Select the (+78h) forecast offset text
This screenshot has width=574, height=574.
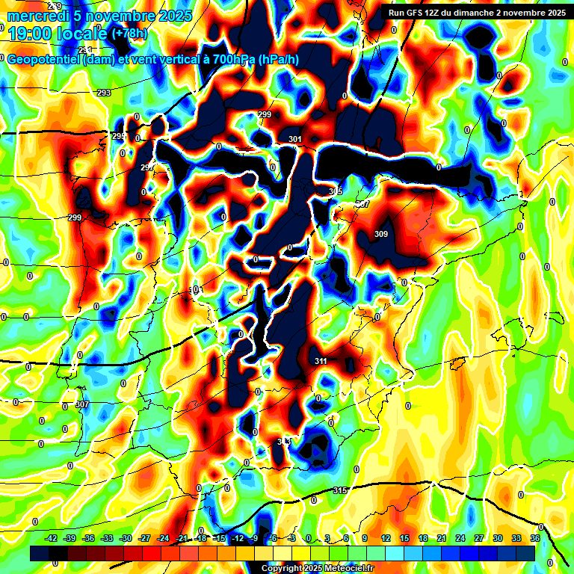129,33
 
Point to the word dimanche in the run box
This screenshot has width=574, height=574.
492,12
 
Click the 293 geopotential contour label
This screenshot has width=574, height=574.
104,93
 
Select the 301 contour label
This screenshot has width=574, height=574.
294,139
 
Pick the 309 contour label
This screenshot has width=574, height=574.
381,234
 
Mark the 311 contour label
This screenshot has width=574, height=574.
321,361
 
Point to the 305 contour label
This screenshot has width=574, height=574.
335,192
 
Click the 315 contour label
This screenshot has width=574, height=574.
340,490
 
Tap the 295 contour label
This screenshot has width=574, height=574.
119,136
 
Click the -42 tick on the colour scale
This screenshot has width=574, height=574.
51,538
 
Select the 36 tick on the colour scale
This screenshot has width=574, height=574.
535,538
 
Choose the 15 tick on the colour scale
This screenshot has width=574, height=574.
404,538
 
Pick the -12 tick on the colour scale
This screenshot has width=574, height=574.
238,538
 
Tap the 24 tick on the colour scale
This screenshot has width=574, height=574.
460,538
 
